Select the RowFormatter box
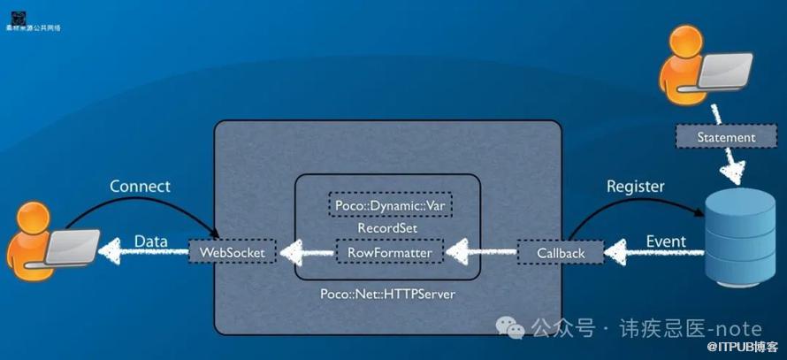pyautogui.click(x=389, y=253)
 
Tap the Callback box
pyautogui.click(x=561, y=253)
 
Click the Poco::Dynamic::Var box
pyautogui.click(x=389, y=205)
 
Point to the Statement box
pyautogui.click(x=725, y=137)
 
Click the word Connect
pyautogui.click(x=140, y=187)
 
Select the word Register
pyautogui.click(x=635, y=187)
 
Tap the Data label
pyautogui.click(x=151, y=241)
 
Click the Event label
pyautogui.click(x=666, y=241)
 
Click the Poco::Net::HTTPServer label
pyautogui.click(x=387, y=293)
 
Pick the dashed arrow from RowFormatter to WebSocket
pyautogui.click(x=306, y=254)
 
